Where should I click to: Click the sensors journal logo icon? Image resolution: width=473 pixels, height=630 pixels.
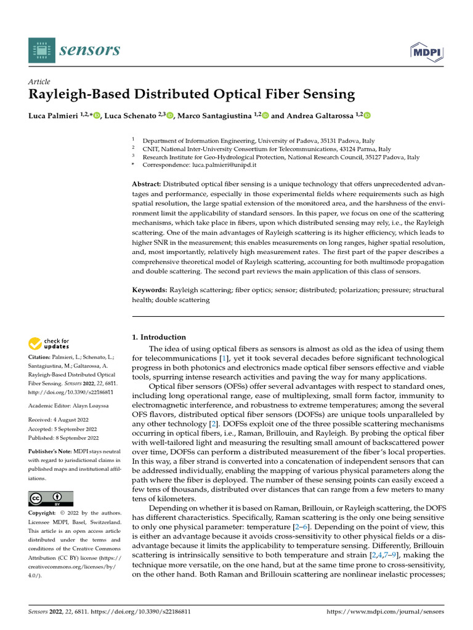pyautogui.click(x=41, y=49)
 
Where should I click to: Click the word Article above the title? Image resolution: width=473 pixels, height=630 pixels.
pyautogui.click(x=39, y=82)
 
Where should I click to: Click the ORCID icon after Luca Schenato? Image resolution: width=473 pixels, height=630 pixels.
pyautogui.click(x=170, y=116)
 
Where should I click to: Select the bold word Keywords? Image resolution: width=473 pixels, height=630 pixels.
pyautogui.click(x=150, y=290)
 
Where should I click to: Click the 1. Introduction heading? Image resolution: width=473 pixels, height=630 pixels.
pyautogui.click(x=160, y=337)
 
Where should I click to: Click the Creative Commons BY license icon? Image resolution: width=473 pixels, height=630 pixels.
pyautogui.click(x=51, y=498)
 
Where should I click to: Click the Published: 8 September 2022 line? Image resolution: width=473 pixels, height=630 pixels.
pyautogui.click(x=63, y=437)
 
